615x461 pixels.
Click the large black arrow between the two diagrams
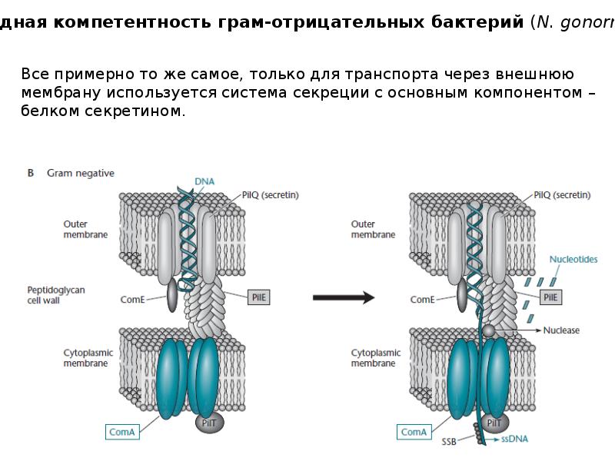tap(344, 297)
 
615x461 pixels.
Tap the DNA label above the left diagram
tap(204, 181)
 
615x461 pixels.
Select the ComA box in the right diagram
tap(414, 433)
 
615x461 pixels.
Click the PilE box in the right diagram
tap(550, 296)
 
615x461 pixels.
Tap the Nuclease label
tap(561, 330)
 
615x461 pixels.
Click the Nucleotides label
tap(573, 260)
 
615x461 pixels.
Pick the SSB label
tap(450, 441)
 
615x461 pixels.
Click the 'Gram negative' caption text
tap(81, 173)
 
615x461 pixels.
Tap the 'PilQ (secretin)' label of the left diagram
tap(270, 195)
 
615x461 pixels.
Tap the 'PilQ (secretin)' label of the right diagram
tap(562, 195)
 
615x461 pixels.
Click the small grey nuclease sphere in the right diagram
tap(488, 330)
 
